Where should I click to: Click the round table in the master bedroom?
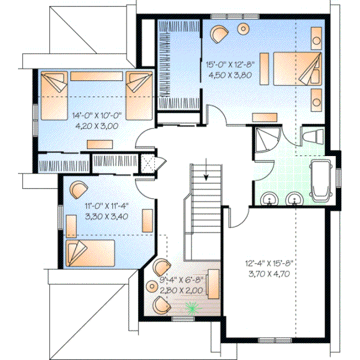243,28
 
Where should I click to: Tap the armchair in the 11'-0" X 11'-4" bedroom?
79,190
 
